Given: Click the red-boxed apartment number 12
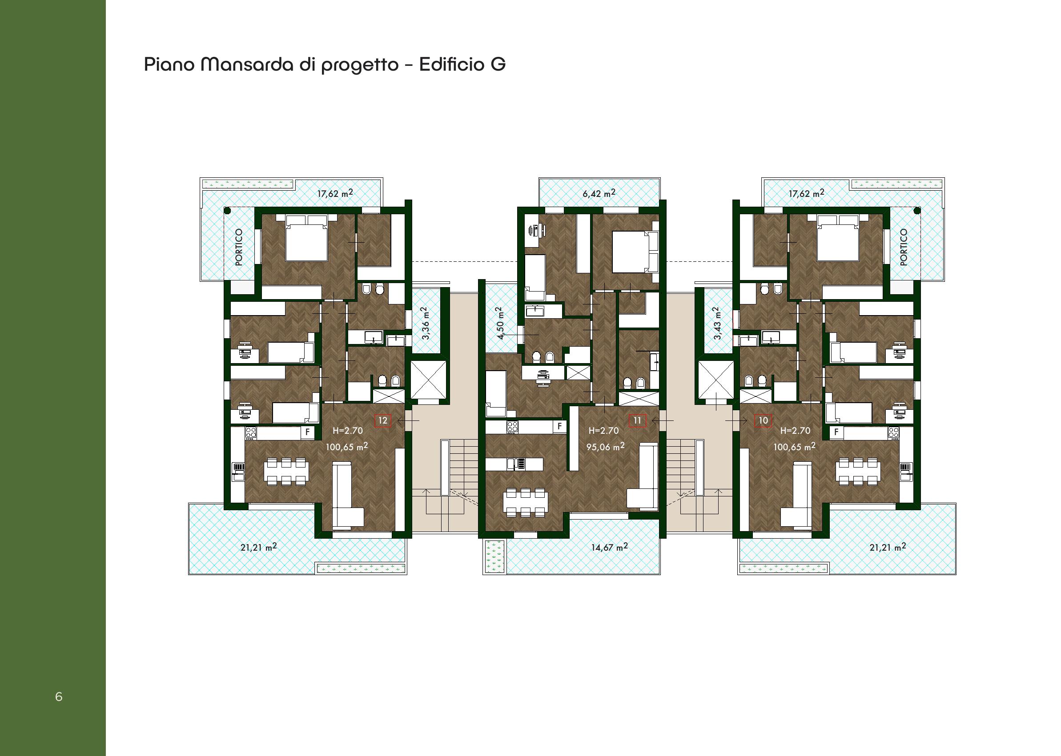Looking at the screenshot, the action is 382,420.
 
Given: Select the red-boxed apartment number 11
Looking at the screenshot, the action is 637,420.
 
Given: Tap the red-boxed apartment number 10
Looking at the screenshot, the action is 763,420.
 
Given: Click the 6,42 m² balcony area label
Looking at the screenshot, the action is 599,193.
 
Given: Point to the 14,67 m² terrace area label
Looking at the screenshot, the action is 609,547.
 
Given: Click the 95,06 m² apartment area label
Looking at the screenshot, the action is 605,446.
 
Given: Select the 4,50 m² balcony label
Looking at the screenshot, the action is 500,323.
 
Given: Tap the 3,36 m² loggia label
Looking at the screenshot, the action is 425,323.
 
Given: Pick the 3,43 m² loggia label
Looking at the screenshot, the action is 717,323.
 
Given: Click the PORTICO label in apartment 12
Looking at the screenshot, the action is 239,247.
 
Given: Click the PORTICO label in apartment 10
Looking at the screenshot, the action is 904,247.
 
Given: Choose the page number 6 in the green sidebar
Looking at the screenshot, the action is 59,696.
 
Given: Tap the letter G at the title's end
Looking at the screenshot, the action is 498,64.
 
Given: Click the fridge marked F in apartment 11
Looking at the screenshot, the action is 559,426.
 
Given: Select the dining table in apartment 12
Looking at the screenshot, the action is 286,472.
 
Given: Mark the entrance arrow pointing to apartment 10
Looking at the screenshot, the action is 736,420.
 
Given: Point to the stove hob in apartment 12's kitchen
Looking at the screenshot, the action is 251,432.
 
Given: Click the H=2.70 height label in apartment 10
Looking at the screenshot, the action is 795,431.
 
